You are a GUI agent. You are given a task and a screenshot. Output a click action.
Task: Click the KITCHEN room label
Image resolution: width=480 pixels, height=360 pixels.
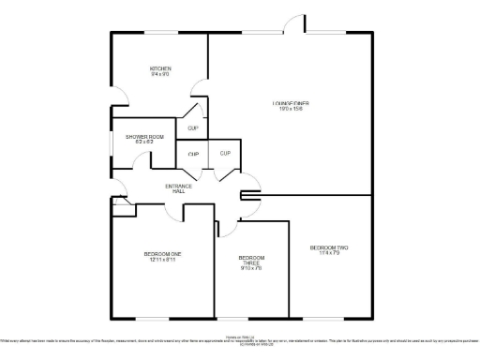pyautogui.click(x=160, y=68)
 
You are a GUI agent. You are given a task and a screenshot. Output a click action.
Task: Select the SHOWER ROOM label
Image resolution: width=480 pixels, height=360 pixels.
pyautogui.click(x=144, y=137)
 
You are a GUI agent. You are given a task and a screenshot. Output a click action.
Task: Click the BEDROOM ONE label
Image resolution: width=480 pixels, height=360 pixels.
pyautogui.click(x=162, y=254)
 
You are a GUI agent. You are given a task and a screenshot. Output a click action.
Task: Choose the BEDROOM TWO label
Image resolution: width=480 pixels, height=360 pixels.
pyautogui.click(x=330, y=247)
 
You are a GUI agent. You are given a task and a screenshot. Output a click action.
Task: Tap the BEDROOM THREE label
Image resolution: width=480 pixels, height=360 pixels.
pyautogui.click(x=251, y=261)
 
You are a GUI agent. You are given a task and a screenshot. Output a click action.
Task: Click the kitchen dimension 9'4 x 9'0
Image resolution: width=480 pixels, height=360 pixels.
pyautogui.click(x=160, y=75)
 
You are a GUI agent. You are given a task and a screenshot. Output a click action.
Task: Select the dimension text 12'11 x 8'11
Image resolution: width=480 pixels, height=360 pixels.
pyautogui.click(x=162, y=261)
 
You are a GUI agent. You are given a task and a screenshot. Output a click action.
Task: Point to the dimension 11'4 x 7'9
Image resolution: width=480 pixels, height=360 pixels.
pyautogui.click(x=330, y=254)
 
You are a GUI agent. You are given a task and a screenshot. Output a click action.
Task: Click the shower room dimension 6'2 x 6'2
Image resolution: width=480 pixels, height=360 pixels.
pyautogui.click(x=144, y=143)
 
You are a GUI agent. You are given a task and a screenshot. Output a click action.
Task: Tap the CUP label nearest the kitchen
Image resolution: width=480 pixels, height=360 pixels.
pyautogui.click(x=192, y=127)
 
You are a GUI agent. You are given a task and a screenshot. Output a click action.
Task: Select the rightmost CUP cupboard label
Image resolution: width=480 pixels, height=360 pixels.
pyautogui.click(x=225, y=153)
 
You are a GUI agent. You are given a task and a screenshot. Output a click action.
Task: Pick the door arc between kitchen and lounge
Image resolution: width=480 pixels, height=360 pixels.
pyautogui.click(x=199, y=90)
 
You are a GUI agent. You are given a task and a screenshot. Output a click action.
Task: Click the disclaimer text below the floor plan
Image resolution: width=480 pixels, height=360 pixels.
pyautogui.click(x=240, y=340)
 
